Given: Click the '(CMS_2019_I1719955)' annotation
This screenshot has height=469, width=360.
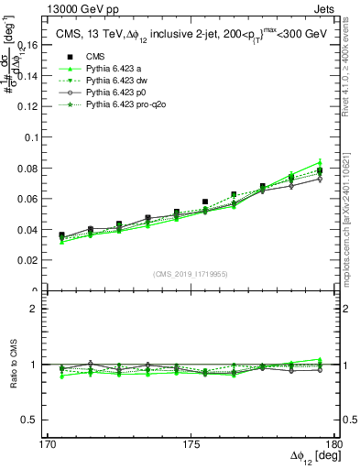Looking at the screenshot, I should click(190, 272).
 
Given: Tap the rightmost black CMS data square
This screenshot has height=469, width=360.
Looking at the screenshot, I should click(320, 171).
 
